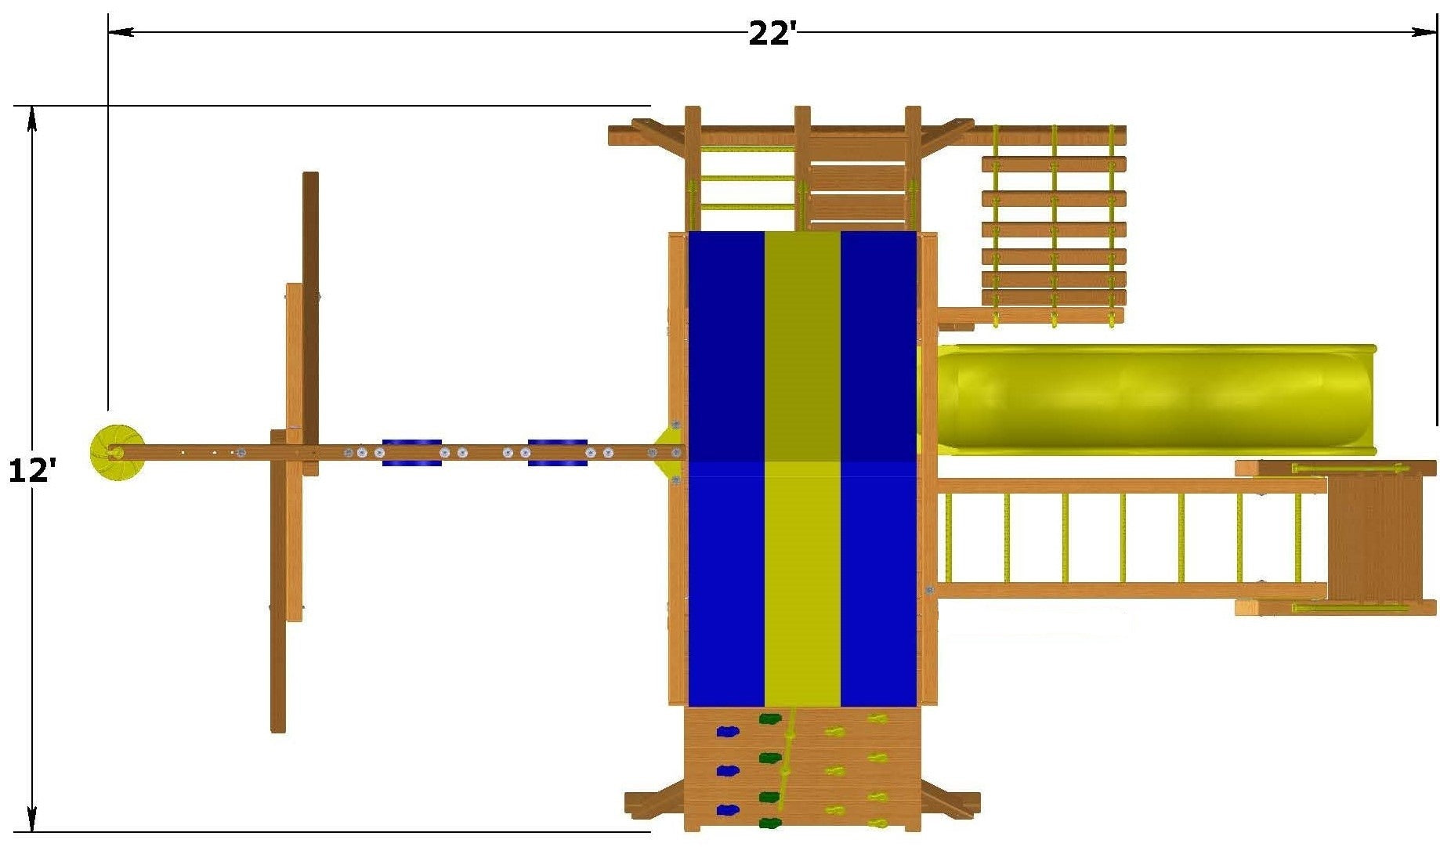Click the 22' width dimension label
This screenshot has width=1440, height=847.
(x=772, y=33)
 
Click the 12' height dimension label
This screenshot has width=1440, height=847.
(x=32, y=471)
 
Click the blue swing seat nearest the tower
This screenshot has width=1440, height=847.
(x=558, y=453)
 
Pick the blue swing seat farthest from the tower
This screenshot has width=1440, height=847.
(x=412, y=453)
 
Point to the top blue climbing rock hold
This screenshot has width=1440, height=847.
(x=728, y=732)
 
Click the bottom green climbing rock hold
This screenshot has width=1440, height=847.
(x=770, y=823)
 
